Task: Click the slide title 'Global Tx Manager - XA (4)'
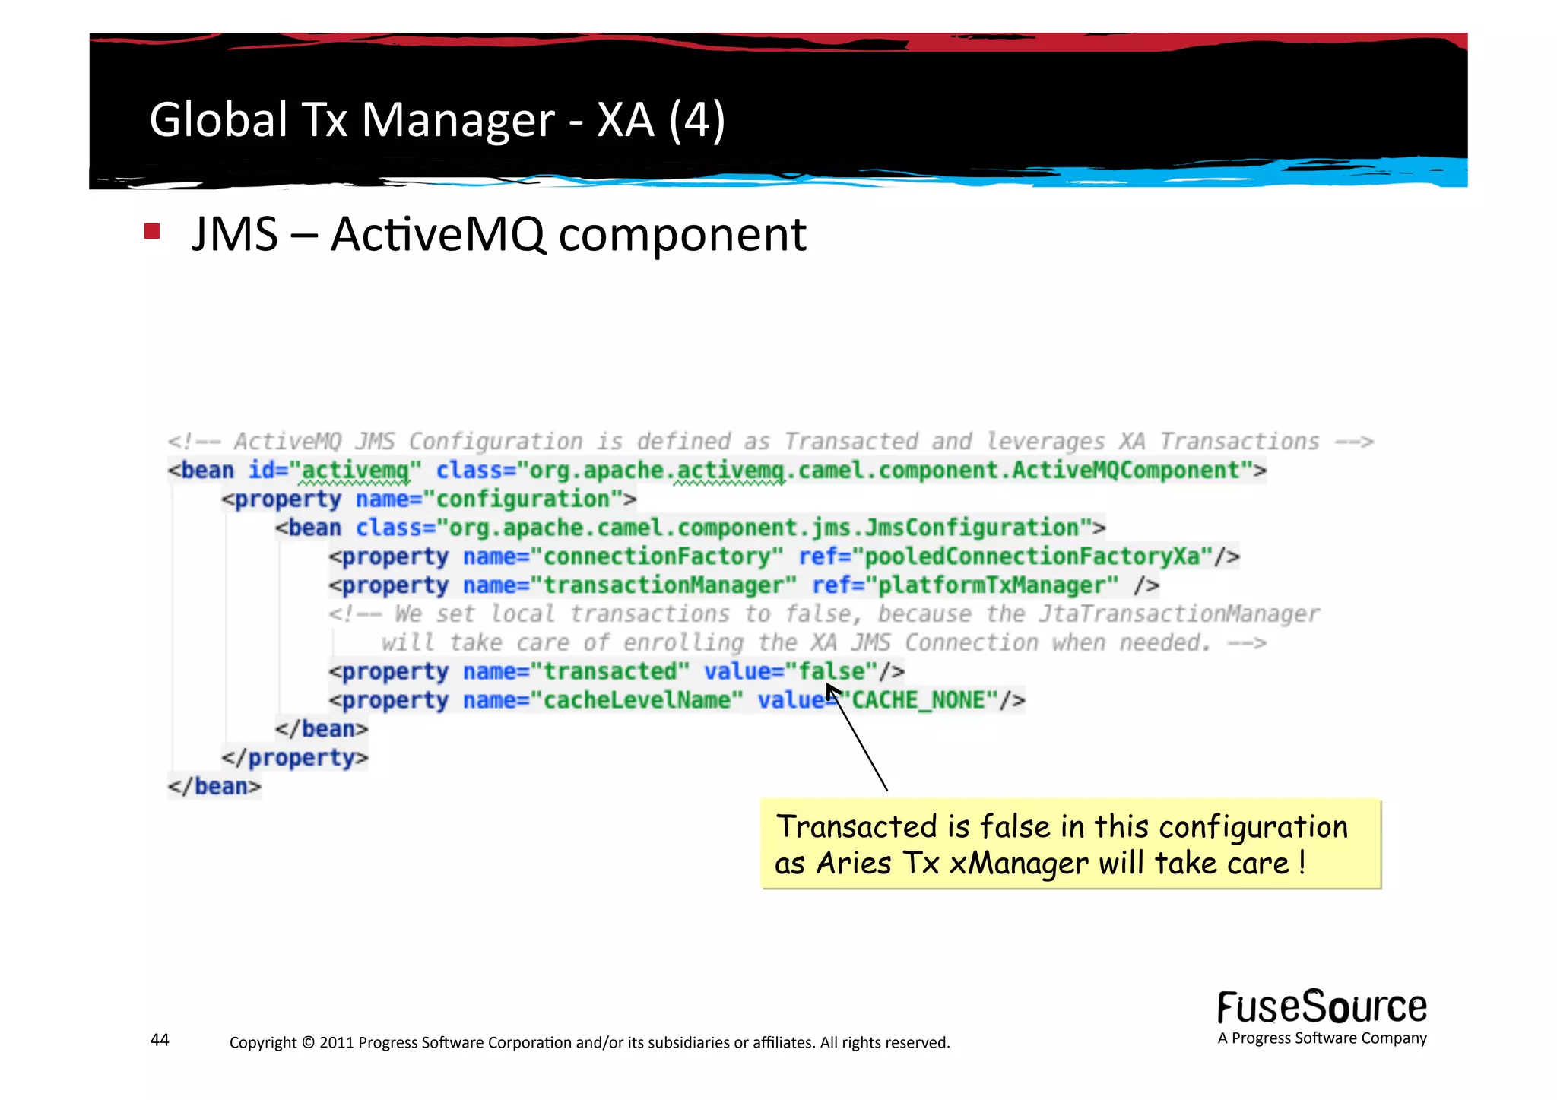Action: click(x=437, y=120)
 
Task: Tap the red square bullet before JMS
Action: click(x=152, y=231)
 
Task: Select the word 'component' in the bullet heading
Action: click(x=682, y=236)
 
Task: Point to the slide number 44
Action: click(x=160, y=1040)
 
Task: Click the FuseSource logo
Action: click(x=1321, y=1007)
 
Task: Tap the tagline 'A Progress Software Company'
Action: click(x=1321, y=1038)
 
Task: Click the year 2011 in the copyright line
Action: click(x=336, y=1042)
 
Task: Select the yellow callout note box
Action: click(x=1070, y=844)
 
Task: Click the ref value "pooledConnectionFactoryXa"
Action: click(x=1032, y=556)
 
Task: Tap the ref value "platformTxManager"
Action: click(x=997, y=585)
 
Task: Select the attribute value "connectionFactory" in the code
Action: click(x=657, y=556)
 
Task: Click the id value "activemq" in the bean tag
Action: click(x=355, y=471)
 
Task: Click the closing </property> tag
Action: click(x=294, y=758)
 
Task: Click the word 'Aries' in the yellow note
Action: click(x=853, y=864)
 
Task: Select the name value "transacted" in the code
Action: click(x=610, y=671)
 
